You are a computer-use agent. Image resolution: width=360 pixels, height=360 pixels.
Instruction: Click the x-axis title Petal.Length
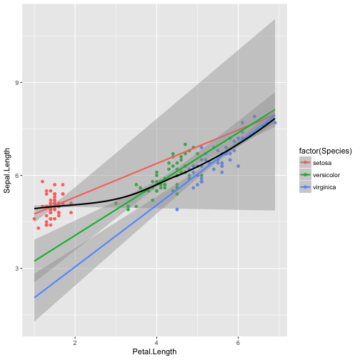tap(154, 352)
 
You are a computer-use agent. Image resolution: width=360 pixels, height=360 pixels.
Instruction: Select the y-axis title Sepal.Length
tap(8, 176)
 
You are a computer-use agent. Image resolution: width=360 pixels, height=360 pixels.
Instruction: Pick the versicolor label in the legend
tap(326, 176)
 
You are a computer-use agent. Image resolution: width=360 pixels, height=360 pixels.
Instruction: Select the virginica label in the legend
tap(325, 188)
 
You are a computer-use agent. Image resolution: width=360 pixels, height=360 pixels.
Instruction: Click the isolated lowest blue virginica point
tap(177, 209)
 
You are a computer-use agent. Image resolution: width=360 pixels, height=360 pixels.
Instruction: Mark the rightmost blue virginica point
tap(275, 123)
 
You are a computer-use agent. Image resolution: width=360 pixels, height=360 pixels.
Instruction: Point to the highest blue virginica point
tap(254, 116)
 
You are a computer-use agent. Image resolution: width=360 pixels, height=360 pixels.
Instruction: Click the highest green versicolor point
tap(185, 144)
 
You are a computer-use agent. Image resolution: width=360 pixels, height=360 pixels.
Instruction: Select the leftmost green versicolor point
tap(116, 204)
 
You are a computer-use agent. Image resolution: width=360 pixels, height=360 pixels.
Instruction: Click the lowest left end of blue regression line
tap(34, 297)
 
